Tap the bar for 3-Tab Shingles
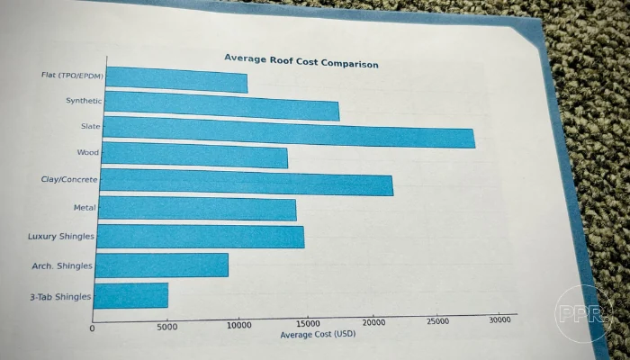point(130,295)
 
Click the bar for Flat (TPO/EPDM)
point(176,79)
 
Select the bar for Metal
point(197,209)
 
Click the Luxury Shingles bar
point(200,237)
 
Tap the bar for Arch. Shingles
point(161,265)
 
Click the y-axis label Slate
point(91,127)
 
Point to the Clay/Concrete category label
point(69,180)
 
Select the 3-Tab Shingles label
point(61,296)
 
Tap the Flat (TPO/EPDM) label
point(72,76)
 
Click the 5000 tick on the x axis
point(167,327)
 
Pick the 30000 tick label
point(501,319)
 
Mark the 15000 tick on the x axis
point(309,323)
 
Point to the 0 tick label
point(93,328)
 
